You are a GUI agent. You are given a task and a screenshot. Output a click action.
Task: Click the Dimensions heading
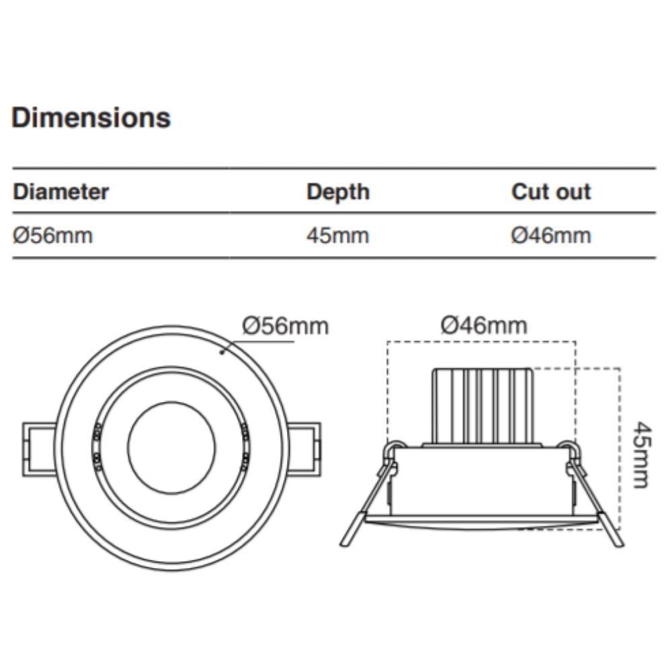(91, 118)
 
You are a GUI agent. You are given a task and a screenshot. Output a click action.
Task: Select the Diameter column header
(60, 192)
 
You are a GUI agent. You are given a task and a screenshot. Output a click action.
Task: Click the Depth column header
(338, 192)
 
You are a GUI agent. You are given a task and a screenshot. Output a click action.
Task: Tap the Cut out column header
(551, 192)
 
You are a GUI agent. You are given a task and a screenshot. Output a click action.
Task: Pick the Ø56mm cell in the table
(52, 236)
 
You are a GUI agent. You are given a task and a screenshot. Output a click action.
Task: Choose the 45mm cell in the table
(338, 236)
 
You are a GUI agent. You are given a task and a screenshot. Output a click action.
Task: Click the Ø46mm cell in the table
(551, 236)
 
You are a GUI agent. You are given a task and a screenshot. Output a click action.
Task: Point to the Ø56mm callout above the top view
(286, 326)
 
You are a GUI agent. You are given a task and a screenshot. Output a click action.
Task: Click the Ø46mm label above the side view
(484, 326)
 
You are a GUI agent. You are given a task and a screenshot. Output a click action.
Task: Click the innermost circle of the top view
(171, 447)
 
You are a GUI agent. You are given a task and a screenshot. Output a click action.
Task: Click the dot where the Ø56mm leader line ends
(222, 351)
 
